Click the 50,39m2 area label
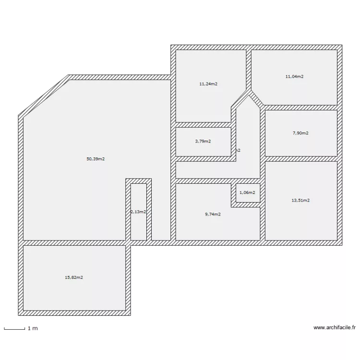point(96,158)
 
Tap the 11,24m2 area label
point(208,84)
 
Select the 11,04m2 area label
point(294,76)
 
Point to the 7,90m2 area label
point(300,133)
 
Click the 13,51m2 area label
point(301,200)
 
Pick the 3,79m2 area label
point(203,141)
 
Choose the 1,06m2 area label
point(247,192)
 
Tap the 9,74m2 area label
point(213,214)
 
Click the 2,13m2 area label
point(139,211)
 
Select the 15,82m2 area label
point(74,277)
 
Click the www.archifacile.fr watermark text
point(335,328)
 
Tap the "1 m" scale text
point(33,328)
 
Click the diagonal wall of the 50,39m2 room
point(44,96)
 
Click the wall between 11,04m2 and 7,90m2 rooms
point(301,108)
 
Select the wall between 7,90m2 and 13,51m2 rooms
point(301,159)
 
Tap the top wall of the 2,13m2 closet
point(139,181)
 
